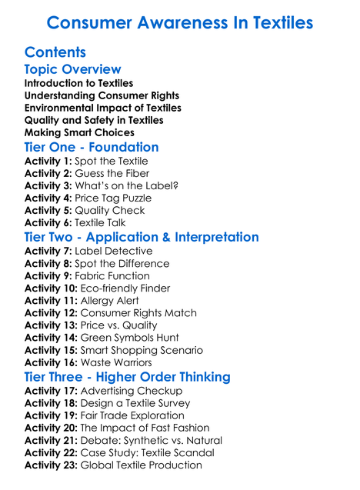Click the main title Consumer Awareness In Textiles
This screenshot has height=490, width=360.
[x=179, y=22]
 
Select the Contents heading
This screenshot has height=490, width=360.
[x=55, y=53]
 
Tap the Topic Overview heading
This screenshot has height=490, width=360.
[x=73, y=70]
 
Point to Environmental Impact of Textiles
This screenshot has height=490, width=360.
[x=102, y=108]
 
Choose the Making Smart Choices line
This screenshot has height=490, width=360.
[x=79, y=132]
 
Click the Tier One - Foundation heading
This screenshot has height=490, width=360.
[x=92, y=147]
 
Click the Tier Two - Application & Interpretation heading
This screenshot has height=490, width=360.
[x=142, y=237]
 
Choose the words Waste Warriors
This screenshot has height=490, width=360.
[x=119, y=362]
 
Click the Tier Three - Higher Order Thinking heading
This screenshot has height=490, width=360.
[x=127, y=376]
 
